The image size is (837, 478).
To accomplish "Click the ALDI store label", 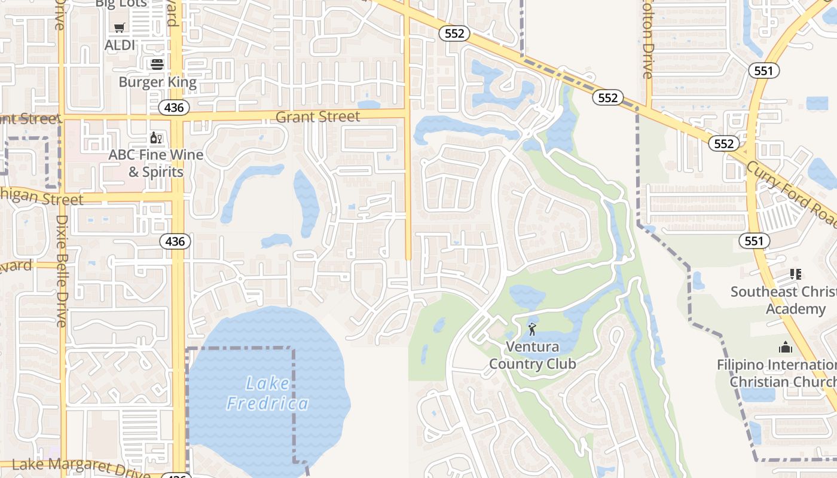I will tap(120, 45).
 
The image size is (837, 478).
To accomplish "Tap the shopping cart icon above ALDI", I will tap(120, 27).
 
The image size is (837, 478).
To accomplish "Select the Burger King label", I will tap(157, 82).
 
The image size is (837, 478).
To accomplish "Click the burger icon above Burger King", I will tap(157, 64).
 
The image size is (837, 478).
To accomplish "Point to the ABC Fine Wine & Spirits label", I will tap(155, 163).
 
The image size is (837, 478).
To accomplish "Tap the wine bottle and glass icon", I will tap(157, 138).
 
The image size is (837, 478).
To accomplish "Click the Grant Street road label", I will tap(318, 117).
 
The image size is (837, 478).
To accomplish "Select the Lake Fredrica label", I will tap(268, 393).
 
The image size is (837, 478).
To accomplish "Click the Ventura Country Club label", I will tap(533, 355).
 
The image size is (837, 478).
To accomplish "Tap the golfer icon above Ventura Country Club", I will tap(532, 329).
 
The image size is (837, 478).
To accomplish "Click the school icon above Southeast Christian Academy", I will tap(795, 274).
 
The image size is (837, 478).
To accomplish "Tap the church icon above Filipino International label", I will tap(785, 347).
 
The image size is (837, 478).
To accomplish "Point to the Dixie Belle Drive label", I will tap(62, 270).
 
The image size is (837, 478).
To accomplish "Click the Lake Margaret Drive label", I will tap(81, 466).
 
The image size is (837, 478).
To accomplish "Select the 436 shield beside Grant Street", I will tap(174, 108).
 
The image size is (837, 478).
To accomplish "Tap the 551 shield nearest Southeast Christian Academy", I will tap(754, 241).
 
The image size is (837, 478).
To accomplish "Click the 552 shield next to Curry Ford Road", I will tap(723, 143).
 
